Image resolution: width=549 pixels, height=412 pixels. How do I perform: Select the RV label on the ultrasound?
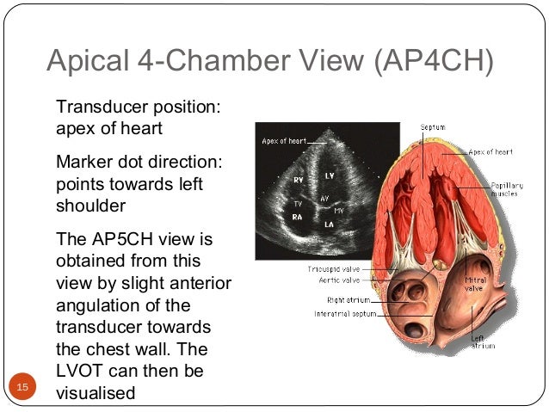point(298,181)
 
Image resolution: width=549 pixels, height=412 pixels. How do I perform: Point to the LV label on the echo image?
point(329,175)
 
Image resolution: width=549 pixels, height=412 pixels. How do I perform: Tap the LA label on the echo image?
point(329,224)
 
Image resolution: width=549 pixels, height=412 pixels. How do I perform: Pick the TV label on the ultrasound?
point(298,203)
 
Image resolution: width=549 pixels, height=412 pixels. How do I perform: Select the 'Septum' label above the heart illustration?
point(432,127)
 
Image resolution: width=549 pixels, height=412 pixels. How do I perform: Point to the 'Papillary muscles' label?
point(505,190)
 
